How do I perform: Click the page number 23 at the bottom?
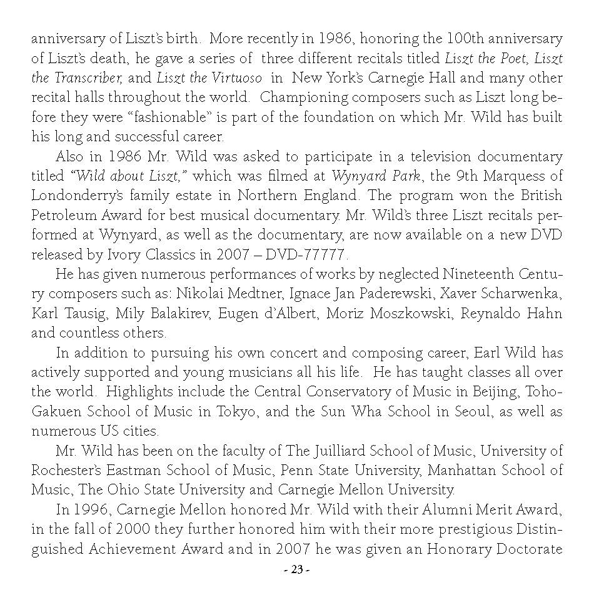[x=296, y=569]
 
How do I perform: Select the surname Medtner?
[x=258, y=294]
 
